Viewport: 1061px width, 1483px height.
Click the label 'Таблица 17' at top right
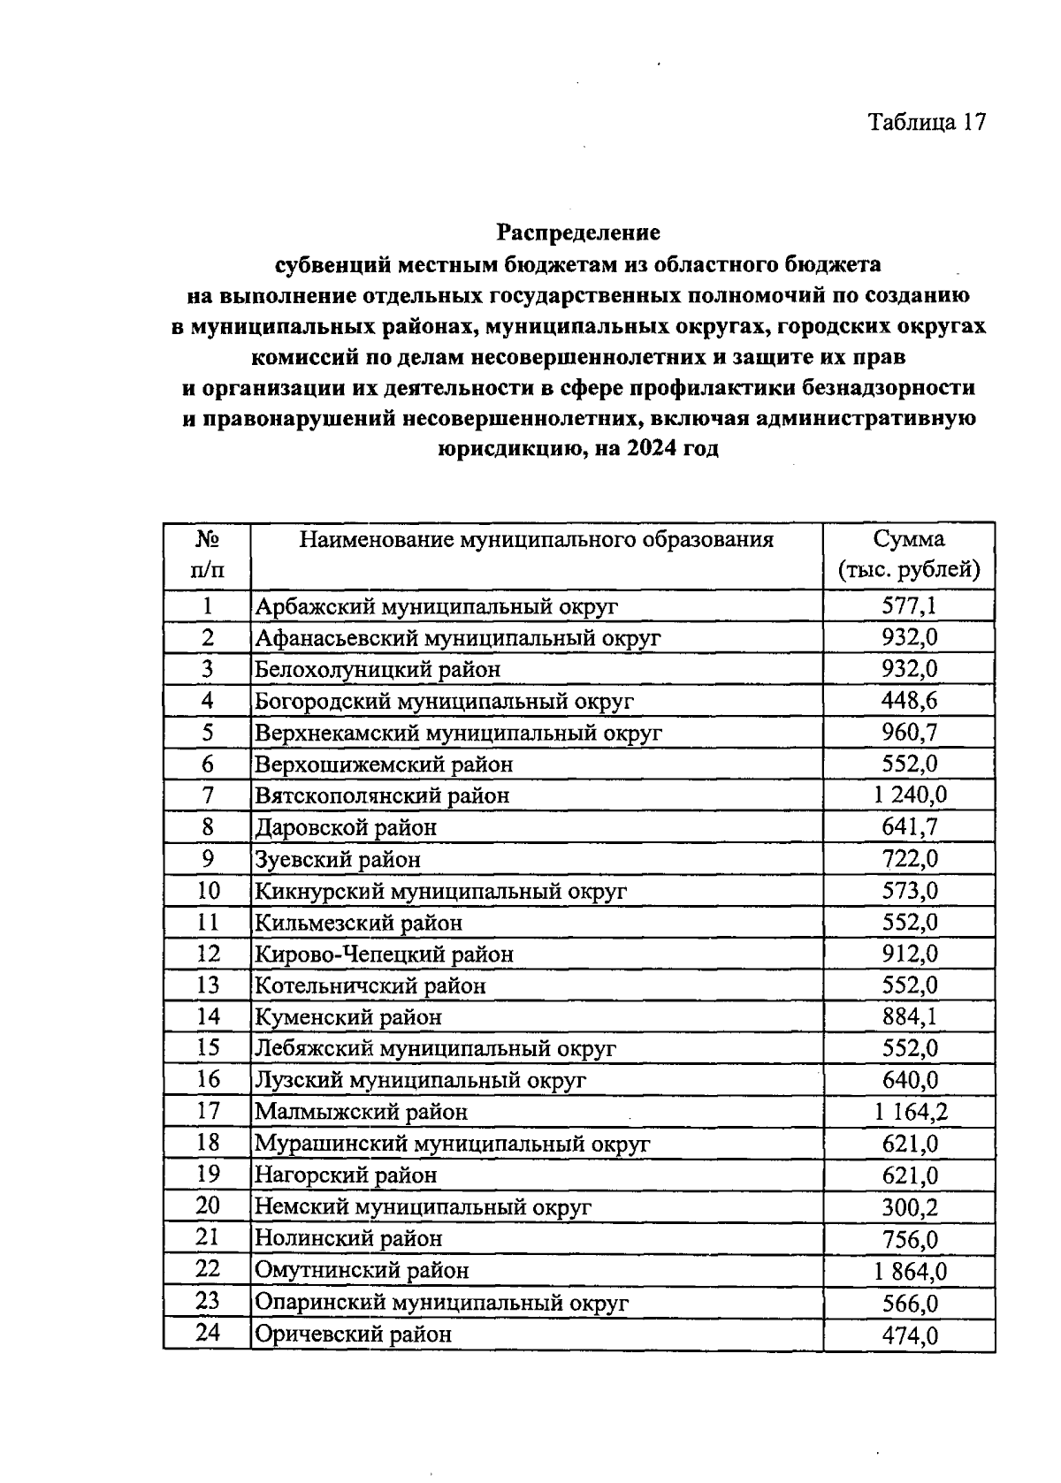[x=926, y=122]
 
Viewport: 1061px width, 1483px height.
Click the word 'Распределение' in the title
[x=578, y=233]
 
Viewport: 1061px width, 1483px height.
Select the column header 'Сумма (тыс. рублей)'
[x=909, y=555]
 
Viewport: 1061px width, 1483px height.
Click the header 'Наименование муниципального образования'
[x=536, y=540]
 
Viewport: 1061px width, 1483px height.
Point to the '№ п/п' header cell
[x=207, y=555]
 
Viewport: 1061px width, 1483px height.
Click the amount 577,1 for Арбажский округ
[x=909, y=606]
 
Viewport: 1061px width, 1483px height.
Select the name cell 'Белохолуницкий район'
[x=378, y=670]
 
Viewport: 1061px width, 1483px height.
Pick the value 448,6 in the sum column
[x=909, y=701]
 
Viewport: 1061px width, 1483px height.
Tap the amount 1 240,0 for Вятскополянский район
[x=909, y=795]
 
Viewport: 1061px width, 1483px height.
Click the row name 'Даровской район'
[x=346, y=828]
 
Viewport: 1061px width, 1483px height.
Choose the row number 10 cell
[x=207, y=891]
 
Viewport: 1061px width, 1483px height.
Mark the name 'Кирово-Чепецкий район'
[x=384, y=954]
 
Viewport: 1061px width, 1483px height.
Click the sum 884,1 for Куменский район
[x=909, y=1017]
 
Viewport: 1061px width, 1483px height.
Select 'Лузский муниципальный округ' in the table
[x=420, y=1081]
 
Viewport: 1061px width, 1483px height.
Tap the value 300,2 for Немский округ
[x=909, y=1207]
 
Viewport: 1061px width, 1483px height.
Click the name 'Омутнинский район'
[x=362, y=1271]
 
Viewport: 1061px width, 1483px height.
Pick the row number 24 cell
[x=207, y=1333]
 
